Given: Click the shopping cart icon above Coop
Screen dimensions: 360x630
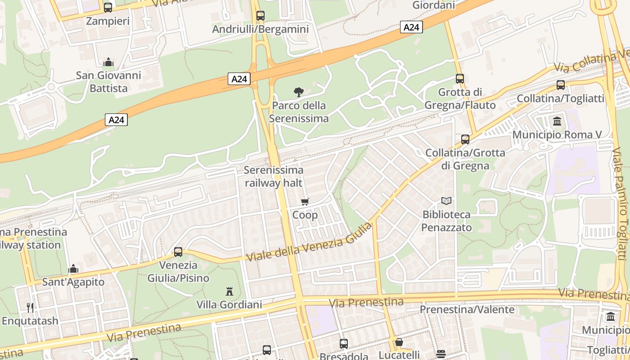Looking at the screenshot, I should (x=305, y=202).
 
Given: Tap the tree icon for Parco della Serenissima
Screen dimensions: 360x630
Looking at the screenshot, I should (x=298, y=92).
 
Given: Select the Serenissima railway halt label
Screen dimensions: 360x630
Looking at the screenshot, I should (x=274, y=177).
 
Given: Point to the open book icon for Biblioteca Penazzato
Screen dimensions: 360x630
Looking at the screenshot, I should (x=446, y=201).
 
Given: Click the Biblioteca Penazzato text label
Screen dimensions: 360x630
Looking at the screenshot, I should (x=446, y=221).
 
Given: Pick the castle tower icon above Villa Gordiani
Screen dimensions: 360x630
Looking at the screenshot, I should (x=229, y=292).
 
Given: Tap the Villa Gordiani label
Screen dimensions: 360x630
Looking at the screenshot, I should (x=229, y=305).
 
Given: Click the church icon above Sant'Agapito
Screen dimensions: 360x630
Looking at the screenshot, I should (x=73, y=269).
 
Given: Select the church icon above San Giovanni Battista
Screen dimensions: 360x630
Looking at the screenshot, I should (x=108, y=62).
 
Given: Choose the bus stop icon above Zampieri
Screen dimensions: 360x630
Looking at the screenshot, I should (x=108, y=7).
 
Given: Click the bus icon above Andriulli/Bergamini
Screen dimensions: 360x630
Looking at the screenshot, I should (x=260, y=16).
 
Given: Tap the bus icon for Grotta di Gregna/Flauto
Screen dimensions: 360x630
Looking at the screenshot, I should (x=460, y=79).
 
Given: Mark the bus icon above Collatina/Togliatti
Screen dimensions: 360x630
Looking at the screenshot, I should (x=561, y=85).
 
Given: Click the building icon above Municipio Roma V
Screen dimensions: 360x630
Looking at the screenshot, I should (x=557, y=121).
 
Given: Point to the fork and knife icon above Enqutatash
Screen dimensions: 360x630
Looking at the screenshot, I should (x=30, y=308).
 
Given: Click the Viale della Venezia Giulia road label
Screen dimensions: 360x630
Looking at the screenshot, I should (x=310, y=242).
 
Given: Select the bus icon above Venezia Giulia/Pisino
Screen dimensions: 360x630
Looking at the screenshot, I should (x=178, y=252).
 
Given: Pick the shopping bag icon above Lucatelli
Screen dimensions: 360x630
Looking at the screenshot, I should (x=399, y=342).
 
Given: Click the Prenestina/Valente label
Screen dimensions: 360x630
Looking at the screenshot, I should (x=467, y=310).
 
